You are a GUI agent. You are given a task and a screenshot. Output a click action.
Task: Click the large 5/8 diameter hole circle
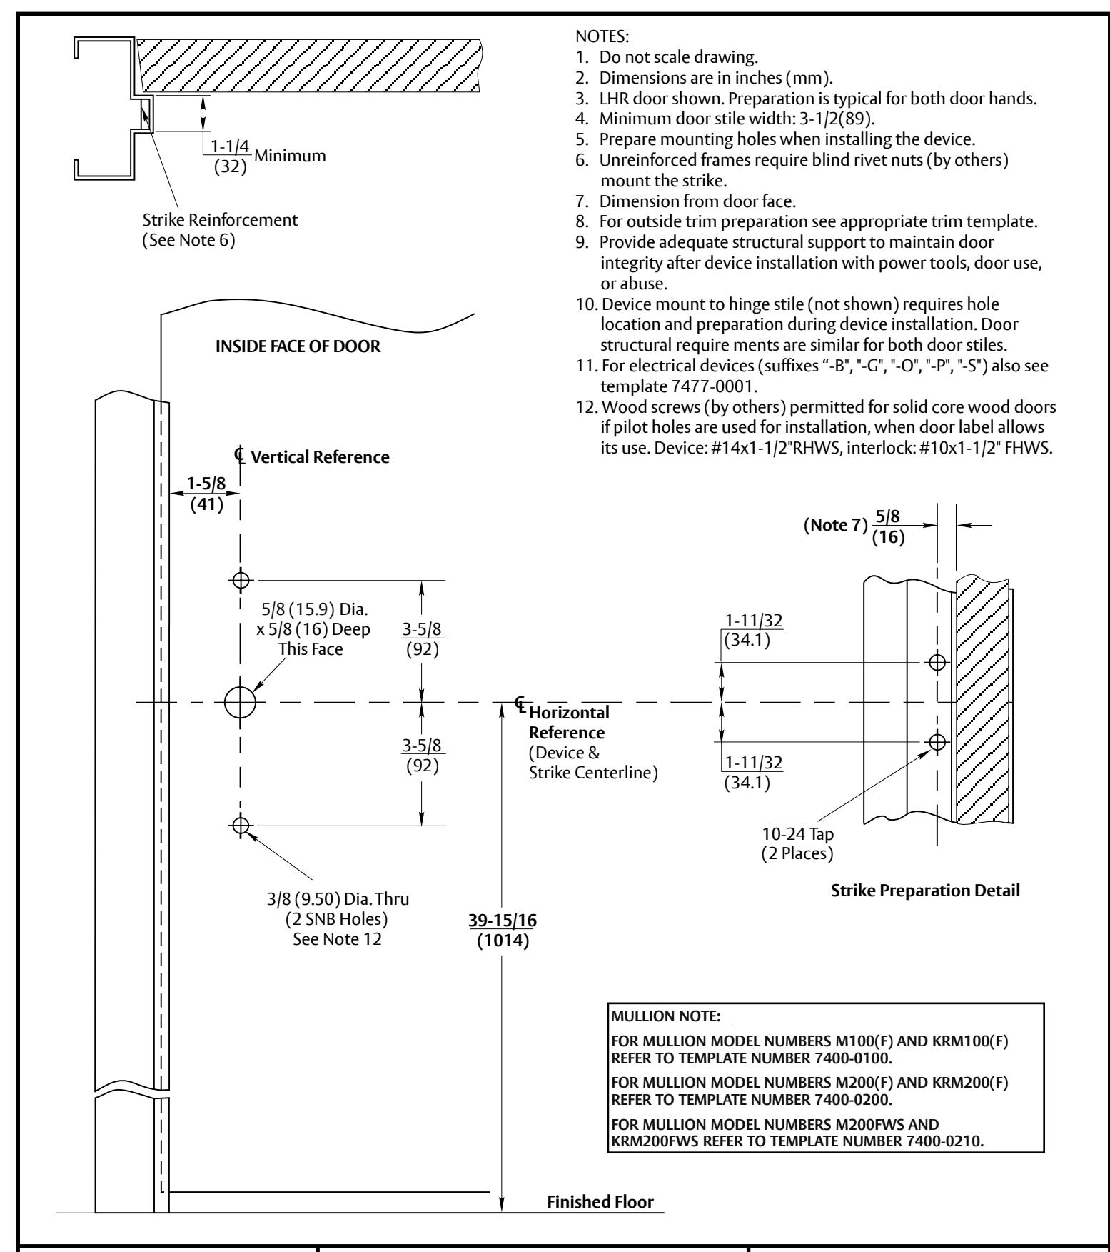tap(240, 688)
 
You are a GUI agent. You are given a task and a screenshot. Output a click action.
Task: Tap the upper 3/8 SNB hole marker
tap(241, 580)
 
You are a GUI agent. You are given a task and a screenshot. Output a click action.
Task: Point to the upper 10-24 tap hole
tap(937, 663)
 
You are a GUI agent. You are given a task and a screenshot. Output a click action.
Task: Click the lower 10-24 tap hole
tap(937, 743)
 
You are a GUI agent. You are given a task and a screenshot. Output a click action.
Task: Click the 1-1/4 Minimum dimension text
tap(265, 157)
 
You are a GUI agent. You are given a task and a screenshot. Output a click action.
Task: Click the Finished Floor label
tap(600, 1201)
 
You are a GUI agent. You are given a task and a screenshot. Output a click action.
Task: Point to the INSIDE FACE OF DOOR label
tap(298, 347)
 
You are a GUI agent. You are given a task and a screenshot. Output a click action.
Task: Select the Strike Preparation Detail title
tap(926, 891)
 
